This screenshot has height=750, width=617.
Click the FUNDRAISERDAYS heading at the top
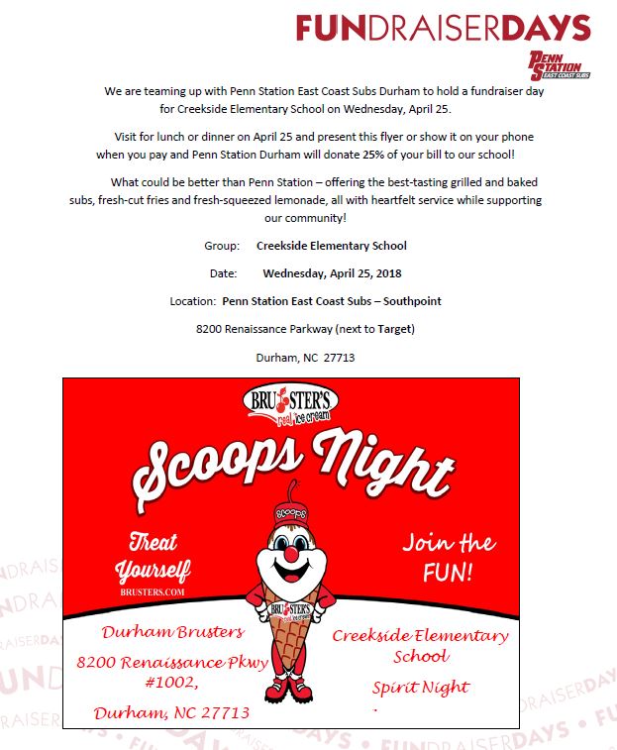click(x=443, y=28)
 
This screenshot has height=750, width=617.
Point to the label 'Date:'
click(x=223, y=273)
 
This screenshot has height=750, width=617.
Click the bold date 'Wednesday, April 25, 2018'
click(x=332, y=273)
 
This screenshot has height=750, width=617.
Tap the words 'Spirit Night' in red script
click(x=421, y=687)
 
